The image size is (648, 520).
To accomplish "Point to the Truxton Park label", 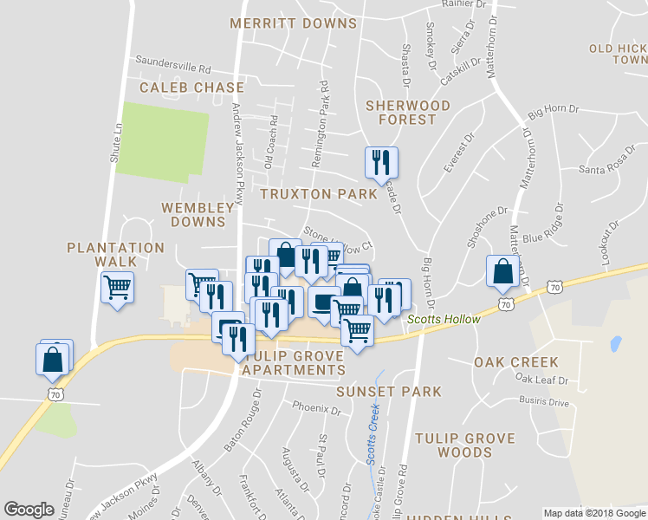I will click(x=320, y=194).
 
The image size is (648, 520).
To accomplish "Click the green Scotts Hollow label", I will click(x=444, y=320).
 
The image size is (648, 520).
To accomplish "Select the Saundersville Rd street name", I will click(x=173, y=65).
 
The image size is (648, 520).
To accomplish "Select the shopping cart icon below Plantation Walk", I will click(x=117, y=286).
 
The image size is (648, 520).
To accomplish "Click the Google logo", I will click(x=29, y=510).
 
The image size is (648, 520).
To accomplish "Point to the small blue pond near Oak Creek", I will click(x=616, y=344).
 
